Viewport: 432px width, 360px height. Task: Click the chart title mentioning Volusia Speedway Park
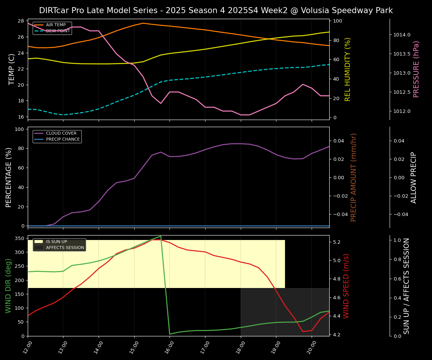[216, 10]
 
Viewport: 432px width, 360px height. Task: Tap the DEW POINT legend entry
[58, 31]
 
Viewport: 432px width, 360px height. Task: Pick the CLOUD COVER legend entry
[61, 133]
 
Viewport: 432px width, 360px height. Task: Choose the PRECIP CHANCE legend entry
[63, 139]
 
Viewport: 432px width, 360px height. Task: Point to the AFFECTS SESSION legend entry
[65, 247]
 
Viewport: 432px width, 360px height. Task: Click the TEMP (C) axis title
[12, 69]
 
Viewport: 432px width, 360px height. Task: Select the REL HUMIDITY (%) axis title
[348, 69]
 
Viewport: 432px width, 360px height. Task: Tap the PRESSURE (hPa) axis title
[416, 69]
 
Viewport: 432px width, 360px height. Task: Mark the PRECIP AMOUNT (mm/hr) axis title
[354, 177]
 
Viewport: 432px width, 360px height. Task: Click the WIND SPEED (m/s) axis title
[346, 286]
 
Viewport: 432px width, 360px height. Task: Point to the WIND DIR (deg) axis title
[8, 286]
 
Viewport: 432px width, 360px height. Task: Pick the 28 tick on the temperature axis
[21, 21]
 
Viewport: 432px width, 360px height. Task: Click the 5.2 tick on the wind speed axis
[336, 242]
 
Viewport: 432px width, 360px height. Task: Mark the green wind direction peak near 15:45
[160, 236]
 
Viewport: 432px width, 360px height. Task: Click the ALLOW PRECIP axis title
[414, 177]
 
